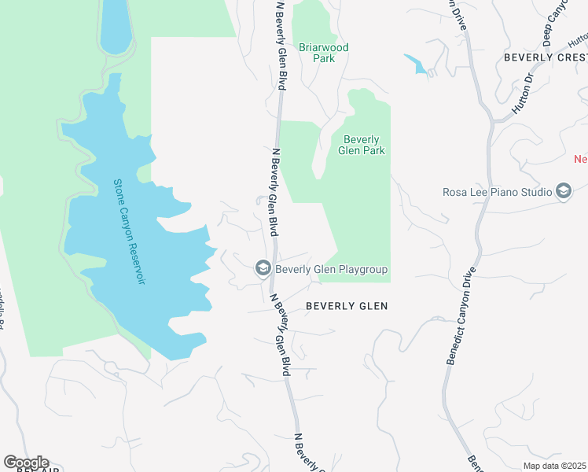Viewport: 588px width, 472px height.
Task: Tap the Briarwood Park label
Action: click(323, 53)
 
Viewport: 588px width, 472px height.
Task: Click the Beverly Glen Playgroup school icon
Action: click(263, 270)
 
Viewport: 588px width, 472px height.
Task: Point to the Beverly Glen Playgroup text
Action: click(331, 270)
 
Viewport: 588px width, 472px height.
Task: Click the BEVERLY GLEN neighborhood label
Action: click(346, 306)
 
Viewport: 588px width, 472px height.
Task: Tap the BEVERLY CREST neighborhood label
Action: click(545, 57)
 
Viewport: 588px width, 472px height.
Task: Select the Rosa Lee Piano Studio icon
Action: click(563, 192)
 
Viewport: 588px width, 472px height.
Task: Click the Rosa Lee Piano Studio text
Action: click(497, 192)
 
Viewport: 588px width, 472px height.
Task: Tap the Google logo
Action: click(26, 463)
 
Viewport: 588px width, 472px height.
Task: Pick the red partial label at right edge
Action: click(581, 159)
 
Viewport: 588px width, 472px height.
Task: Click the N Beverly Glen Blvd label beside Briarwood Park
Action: click(280, 46)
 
